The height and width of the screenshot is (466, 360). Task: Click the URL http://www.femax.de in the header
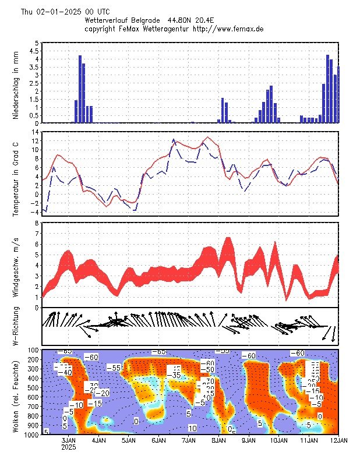coord(228,29)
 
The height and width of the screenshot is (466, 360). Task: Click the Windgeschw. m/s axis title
coord(16,265)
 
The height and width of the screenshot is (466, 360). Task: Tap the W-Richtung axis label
coord(16,327)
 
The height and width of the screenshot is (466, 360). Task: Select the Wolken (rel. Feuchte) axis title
coord(16,393)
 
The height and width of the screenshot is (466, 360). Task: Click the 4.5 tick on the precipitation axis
coord(36,51)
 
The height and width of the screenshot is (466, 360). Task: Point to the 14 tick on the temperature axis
coord(36,132)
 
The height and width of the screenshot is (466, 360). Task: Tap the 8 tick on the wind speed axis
coord(37,223)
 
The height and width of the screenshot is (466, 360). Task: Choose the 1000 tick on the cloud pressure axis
coord(31,434)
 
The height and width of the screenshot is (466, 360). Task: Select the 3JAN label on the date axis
coord(69,441)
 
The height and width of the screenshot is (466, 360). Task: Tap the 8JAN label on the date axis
coord(218,441)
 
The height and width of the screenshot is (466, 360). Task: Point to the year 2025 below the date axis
coord(69,448)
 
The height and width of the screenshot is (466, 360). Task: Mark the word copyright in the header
coord(102,29)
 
